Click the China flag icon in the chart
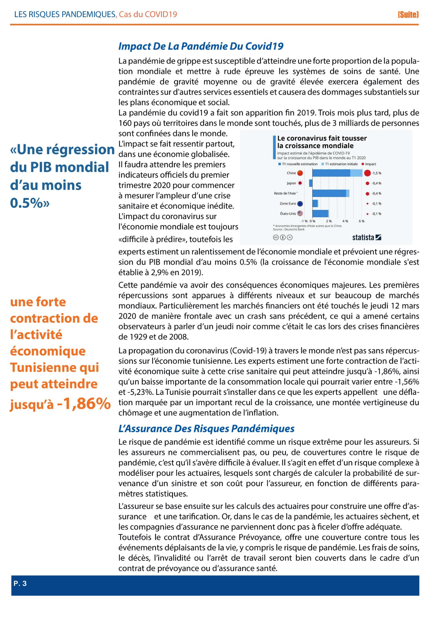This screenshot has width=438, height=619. (300, 173)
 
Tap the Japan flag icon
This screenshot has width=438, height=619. (300, 183)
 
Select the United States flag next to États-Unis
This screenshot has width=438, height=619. (300, 214)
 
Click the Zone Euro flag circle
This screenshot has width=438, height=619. (300, 204)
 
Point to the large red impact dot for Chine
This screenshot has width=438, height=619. (367, 173)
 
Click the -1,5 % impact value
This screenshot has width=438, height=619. (377, 173)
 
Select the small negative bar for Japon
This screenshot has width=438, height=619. (311, 183)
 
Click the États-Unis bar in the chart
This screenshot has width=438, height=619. (320, 214)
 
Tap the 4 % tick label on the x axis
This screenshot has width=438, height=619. (345, 221)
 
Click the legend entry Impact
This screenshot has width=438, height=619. (370, 164)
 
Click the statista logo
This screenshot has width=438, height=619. (367, 237)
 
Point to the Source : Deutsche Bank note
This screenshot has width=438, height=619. (289, 229)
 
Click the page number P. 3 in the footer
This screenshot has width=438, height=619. (20, 584)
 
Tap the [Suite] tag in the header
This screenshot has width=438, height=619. (408, 15)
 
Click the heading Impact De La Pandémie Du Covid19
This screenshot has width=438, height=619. (201, 46)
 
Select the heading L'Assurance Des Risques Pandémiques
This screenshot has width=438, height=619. (206, 428)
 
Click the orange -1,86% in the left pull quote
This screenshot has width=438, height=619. (84, 404)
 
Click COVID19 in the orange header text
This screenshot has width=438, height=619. (161, 14)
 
